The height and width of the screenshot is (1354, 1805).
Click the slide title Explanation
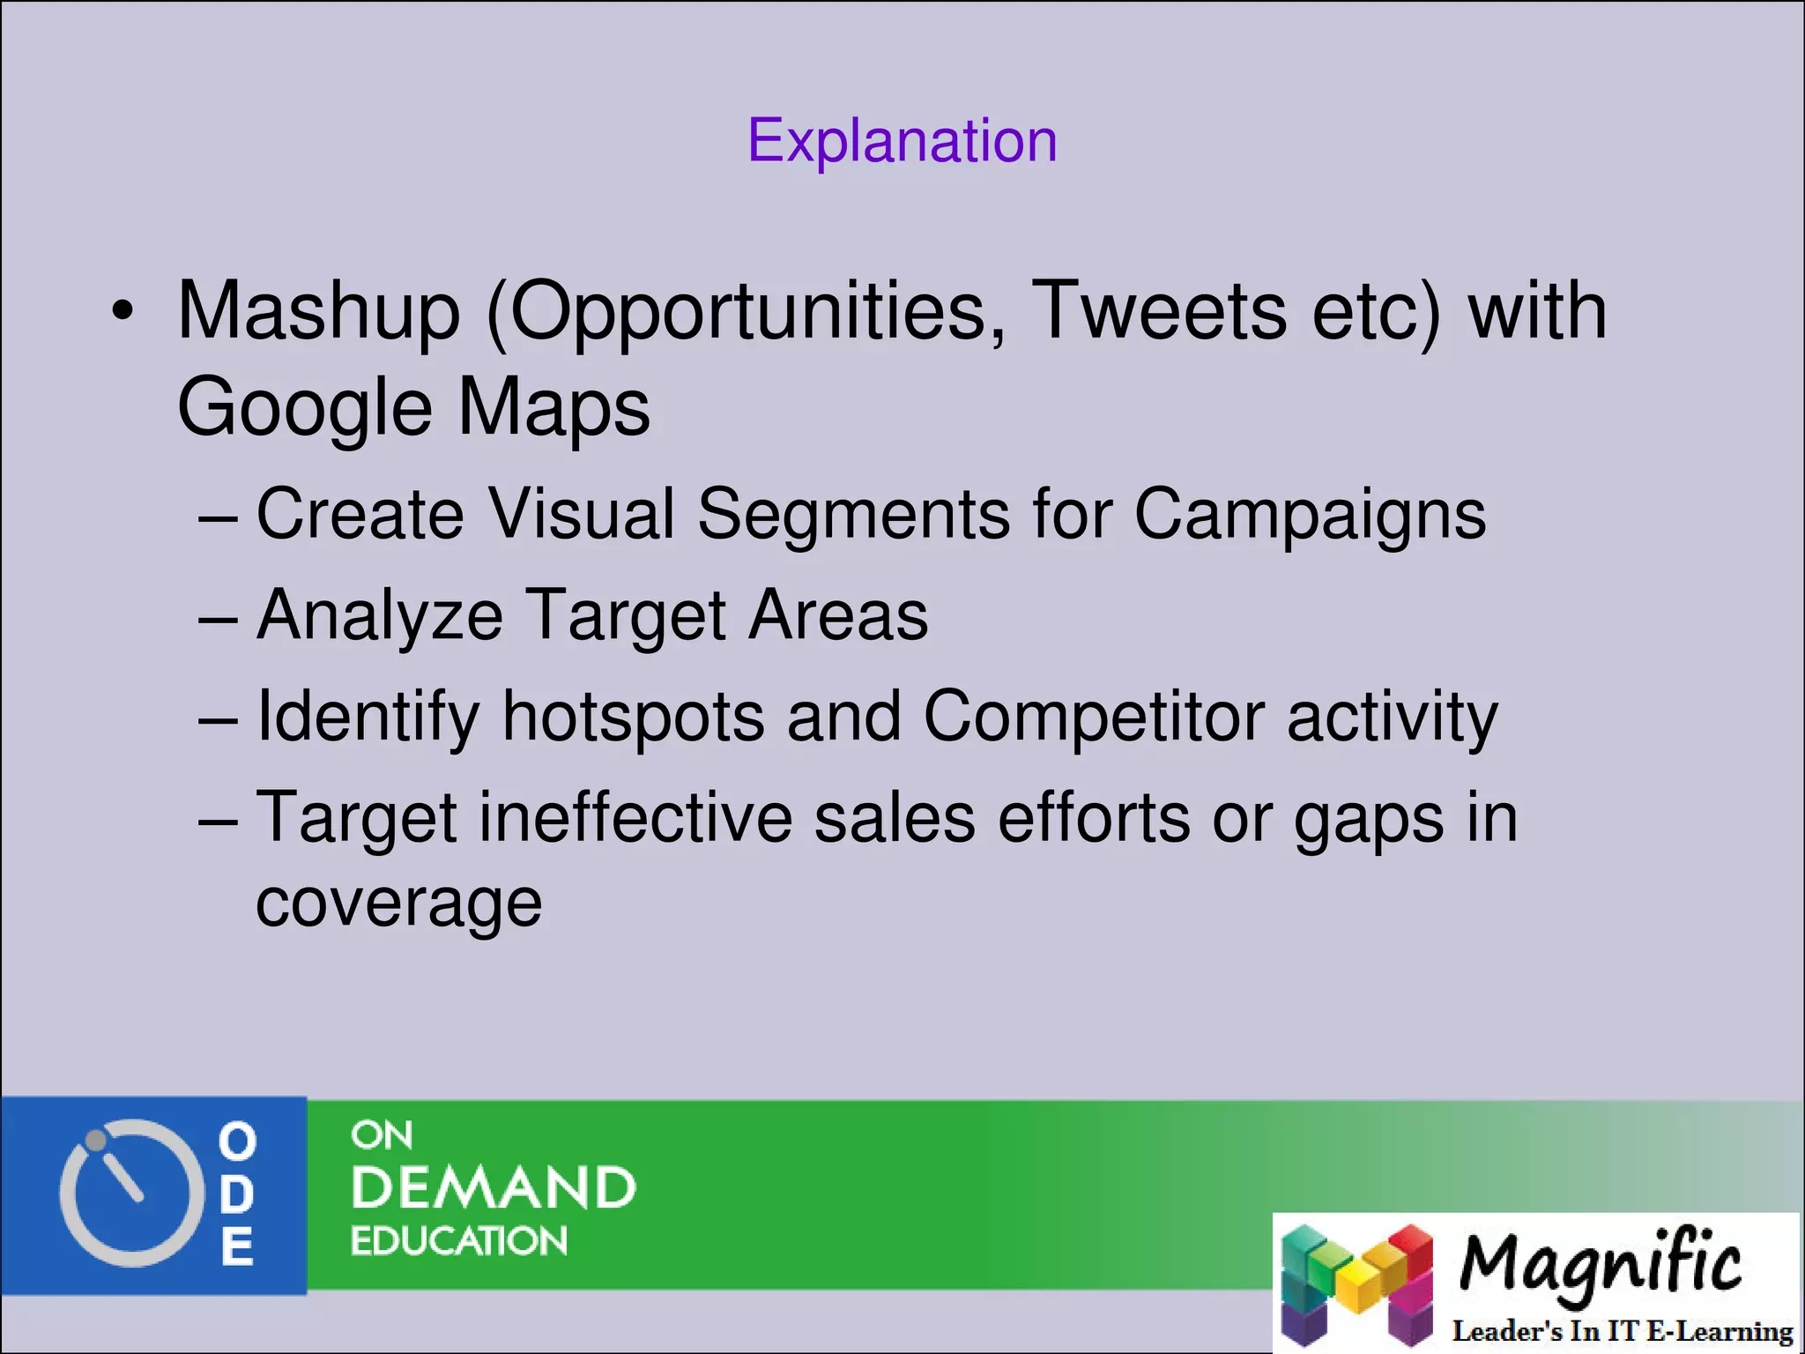pyautogui.click(x=902, y=141)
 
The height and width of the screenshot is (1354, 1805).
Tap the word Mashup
pyautogui.click(x=318, y=311)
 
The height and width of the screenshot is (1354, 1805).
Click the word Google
pyautogui.click(x=304, y=408)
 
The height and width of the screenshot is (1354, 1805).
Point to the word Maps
pyautogui.click(x=553, y=408)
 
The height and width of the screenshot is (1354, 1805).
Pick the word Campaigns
pyautogui.click(x=1310, y=515)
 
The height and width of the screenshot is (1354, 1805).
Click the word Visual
pyautogui.click(x=581, y=514)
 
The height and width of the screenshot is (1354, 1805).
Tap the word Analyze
pyautogui.click(x=380, y=616)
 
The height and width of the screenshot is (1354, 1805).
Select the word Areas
pyautogui.click(x=838, y=615)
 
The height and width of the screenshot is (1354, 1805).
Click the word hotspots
pyautogui.click(x=633, y=717)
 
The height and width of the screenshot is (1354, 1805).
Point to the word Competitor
pyautogui.click(x=1094, y=717)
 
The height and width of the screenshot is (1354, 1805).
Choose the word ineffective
pyautogui.click(x=635, y=818)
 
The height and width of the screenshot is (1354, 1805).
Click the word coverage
pyautogui.click(x=398, y=904)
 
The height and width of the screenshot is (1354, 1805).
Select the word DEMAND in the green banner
pyautogui.click(x=493, y=1187)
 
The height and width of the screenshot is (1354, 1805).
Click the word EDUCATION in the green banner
pyautogui.click(x=458, y=1241)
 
